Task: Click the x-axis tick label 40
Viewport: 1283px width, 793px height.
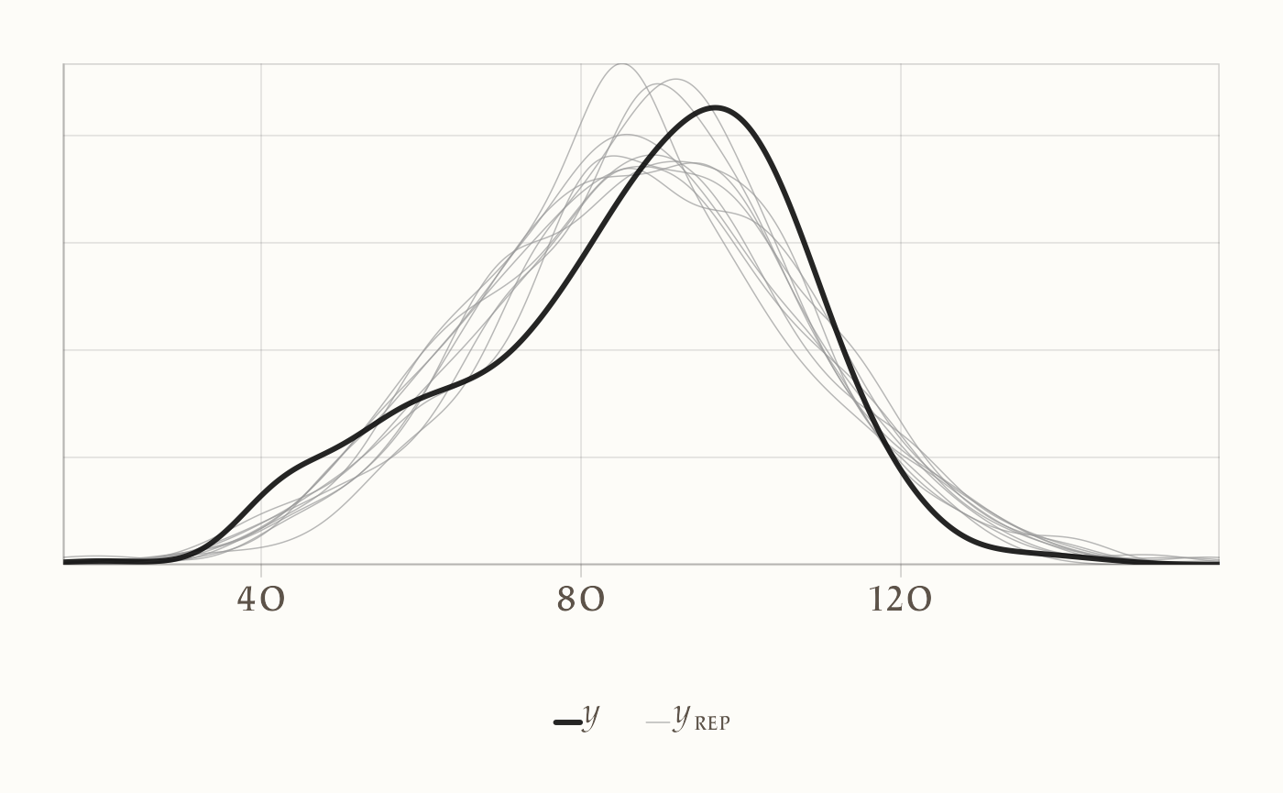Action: [261, 600]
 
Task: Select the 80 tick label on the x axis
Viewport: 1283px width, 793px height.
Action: [581, 600]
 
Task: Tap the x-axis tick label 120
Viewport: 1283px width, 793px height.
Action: [900, 600]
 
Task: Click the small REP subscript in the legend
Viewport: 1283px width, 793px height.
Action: [712, 722]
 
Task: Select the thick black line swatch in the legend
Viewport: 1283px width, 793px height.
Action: [567, 722]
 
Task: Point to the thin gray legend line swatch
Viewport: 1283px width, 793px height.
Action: [657, 722]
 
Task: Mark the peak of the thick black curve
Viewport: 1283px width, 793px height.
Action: [717, 107]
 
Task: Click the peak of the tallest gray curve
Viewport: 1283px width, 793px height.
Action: [622, 63]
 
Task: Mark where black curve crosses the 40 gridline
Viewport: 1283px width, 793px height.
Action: [261, 495]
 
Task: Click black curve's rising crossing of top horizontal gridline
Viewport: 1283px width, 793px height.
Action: [679, 136]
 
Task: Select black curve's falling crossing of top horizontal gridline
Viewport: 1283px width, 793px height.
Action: [759, 136]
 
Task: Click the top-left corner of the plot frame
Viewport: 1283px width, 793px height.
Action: [64, 64]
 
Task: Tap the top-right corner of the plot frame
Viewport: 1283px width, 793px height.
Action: [1219, 64]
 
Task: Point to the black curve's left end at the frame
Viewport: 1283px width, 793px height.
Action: [64, 560]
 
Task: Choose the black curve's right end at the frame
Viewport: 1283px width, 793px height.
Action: [1219, 562]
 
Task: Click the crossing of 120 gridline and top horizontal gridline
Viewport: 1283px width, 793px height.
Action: [900, 136]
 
